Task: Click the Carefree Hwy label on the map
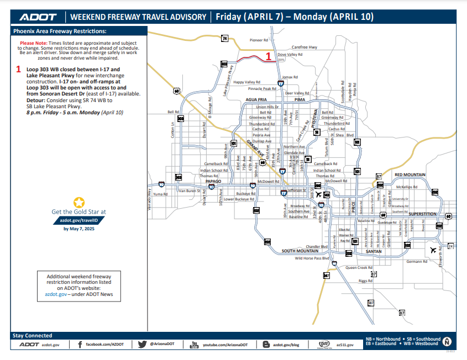click(x=305, y=47)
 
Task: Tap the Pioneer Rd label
click(x=259, y=40)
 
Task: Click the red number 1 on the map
click(x=269, y=56)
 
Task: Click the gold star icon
click(x=79, y=202)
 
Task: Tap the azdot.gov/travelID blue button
click(x=78, y=220)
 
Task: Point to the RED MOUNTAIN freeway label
click(x=410, y=174)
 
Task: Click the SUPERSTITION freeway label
click(x=423, y=214)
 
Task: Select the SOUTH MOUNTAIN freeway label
click(x=301, y=251)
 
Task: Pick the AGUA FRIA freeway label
click(x=256, y=100)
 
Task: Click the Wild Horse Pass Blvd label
click(x=312, y=258)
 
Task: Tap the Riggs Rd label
click(x=366, y=280)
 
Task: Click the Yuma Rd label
click(x=160, y=194)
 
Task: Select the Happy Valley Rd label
click(x=246, y=82)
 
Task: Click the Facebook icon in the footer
click(x=80, y=345)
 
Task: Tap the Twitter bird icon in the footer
click(x=142, y=345)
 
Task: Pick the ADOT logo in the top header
click(x=34, y=17)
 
